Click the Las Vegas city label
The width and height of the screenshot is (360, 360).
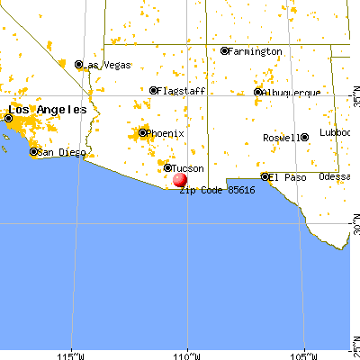[108, 65]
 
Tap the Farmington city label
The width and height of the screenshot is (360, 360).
[255, 51]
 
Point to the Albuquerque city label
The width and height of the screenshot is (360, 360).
[290, 93]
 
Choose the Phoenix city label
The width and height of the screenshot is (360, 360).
[166, 134]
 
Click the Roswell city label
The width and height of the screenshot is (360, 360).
[280, 138]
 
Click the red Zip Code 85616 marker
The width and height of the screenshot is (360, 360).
[180, 180]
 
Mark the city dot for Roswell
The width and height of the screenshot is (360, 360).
[304, 137]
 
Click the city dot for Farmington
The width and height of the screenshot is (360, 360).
[224, 51]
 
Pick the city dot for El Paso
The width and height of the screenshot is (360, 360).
[265, 177]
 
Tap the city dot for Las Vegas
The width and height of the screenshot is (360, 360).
[79, 65]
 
